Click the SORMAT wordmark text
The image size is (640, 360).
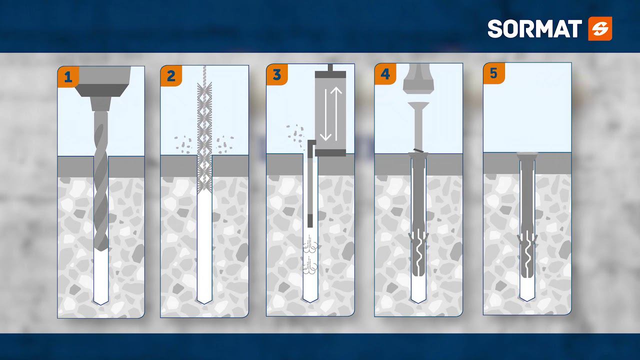[x=534, y=29]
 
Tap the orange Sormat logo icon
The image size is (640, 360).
[x=600, y=28]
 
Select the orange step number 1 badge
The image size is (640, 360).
[x=68, y=77]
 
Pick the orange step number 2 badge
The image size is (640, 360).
[x=171, y=75]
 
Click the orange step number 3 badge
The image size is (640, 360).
[x=277, y=74]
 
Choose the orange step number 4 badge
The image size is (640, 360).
[x=385, y=74]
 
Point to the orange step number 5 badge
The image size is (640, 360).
[x=493, y=73]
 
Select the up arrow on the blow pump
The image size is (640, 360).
[x=336, y=113]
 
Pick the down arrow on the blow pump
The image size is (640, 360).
[x=325, y=115]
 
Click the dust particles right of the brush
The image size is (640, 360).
[x=225, y=144]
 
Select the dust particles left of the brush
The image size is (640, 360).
[x=183, y=144]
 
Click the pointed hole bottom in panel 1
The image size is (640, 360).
[x=101, y=301]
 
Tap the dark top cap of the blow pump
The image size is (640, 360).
[x=330, y=74]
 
